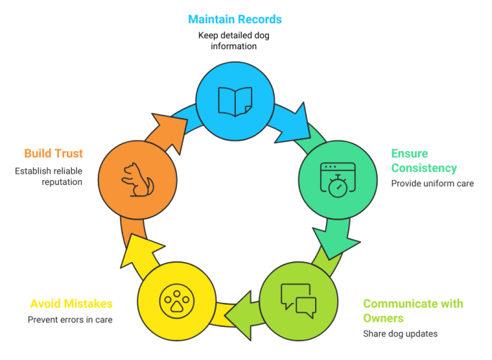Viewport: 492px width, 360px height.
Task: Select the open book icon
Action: click(235, 102)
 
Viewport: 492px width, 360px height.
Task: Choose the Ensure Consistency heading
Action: click(424, 161)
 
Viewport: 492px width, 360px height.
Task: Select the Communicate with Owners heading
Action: click(413, 310)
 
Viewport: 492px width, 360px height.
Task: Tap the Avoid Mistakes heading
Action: click(70, 303)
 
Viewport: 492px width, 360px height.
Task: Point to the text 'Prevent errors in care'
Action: click(70, 320)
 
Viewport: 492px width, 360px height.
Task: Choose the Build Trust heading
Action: click(53, 153)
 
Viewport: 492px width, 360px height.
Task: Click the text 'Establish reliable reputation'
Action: click(48, 176)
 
